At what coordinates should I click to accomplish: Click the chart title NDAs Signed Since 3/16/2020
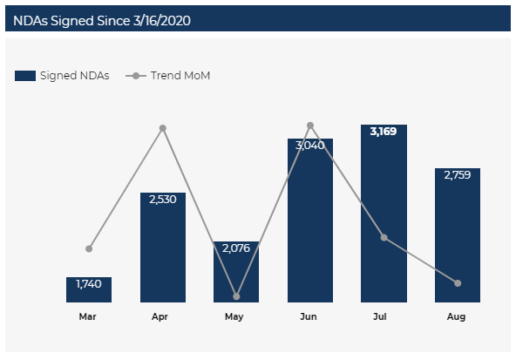pyautogui.click(x=102, y=21)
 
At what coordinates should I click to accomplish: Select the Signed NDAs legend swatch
pyautogui.click(x=25, y=76)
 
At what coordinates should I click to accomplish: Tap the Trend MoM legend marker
pyautogui.click(x=136, y=76)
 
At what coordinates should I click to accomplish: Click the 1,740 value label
pyautogui.click(x=89, y=283)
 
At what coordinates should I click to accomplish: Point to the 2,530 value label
pyautogui.click(x=163, y=200)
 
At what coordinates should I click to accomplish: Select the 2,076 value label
pyautogui.click(x=236, y=248)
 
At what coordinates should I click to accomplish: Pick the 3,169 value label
pyautogui.click(x=384, y=132)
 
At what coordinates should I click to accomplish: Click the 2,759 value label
pyautogui.click(x=458, y=175)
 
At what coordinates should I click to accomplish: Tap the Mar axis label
pyautogui.click(x=87, y=316)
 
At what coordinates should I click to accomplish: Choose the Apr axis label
pyautogui.click(x=160, y=317)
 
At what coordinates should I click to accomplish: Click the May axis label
pyautogui.click(x=234, y=317)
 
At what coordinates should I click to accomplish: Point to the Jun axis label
pyautogui.click(x=309, y=316)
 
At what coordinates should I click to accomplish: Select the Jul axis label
pyautogui.click(x=380, y=316)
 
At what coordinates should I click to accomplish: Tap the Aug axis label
pyautogui.click(x=456, y=317)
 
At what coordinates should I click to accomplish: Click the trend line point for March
pyautogui.click(x=89, y=248)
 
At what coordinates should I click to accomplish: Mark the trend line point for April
pyautogui.click(x=163, y=128)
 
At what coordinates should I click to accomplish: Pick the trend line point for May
pyautogui.click(x=236, y=296)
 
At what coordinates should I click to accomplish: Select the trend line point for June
pyautogui.click(x=310, y=126)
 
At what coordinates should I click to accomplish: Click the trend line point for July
pyautogui.click(x=384, y=237)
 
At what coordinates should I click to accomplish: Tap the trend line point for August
pyautogui.click(x=458, y=283)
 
